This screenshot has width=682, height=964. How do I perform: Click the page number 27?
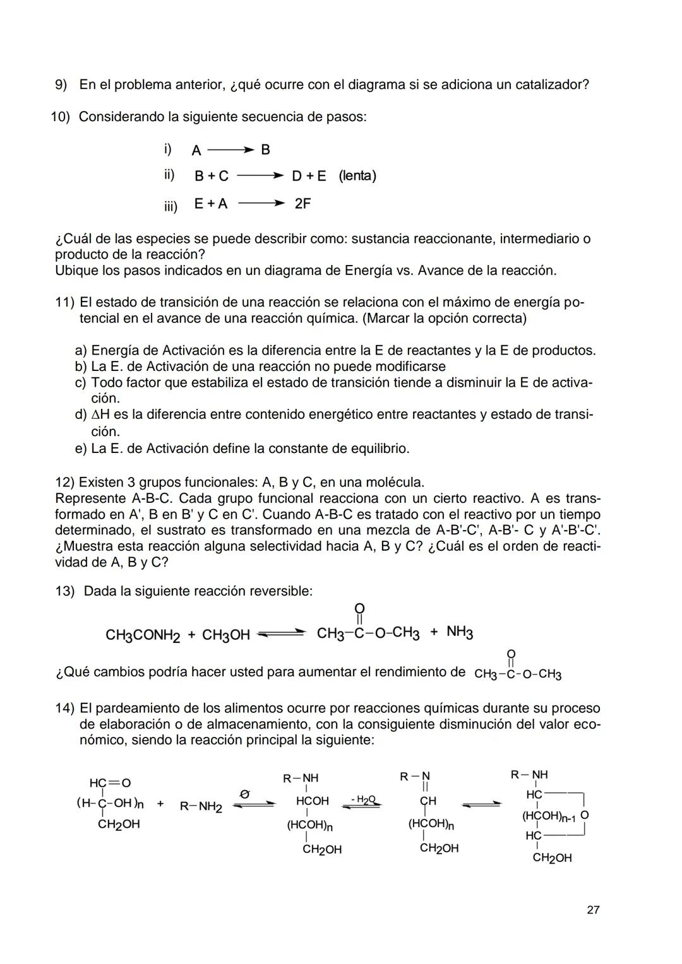pyautogui.click(x=592, y=909)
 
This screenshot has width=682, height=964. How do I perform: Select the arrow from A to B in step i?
pyautogui.click(x=230, y=150)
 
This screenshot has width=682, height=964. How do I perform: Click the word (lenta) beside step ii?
pyautogui.click(x=357, y=176)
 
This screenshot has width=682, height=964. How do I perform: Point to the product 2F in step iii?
pyautogui.click(x=302, y=204)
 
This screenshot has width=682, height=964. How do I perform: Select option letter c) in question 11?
pyautogui.click(x=81, y=383)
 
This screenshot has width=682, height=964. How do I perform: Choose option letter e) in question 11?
pyautogui.click(x=81, y=449)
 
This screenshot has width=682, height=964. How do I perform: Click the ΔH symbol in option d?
pyautogui.click(x=101, y=415)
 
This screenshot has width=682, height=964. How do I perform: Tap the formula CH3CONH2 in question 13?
pyautogui.click(x=142, y=635)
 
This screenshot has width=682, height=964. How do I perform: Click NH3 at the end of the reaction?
pyautogui.click(x=460, y=632)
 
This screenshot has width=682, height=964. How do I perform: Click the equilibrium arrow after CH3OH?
pyautogui.click(x=282, y=634)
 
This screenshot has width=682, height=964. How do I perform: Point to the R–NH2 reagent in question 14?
pyautogui.click(x=201, y=806)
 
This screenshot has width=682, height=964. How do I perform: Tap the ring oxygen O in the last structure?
pyautogui.click(x=584, y=814)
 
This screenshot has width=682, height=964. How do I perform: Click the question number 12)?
pyautogui.click(x=65, y=483)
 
